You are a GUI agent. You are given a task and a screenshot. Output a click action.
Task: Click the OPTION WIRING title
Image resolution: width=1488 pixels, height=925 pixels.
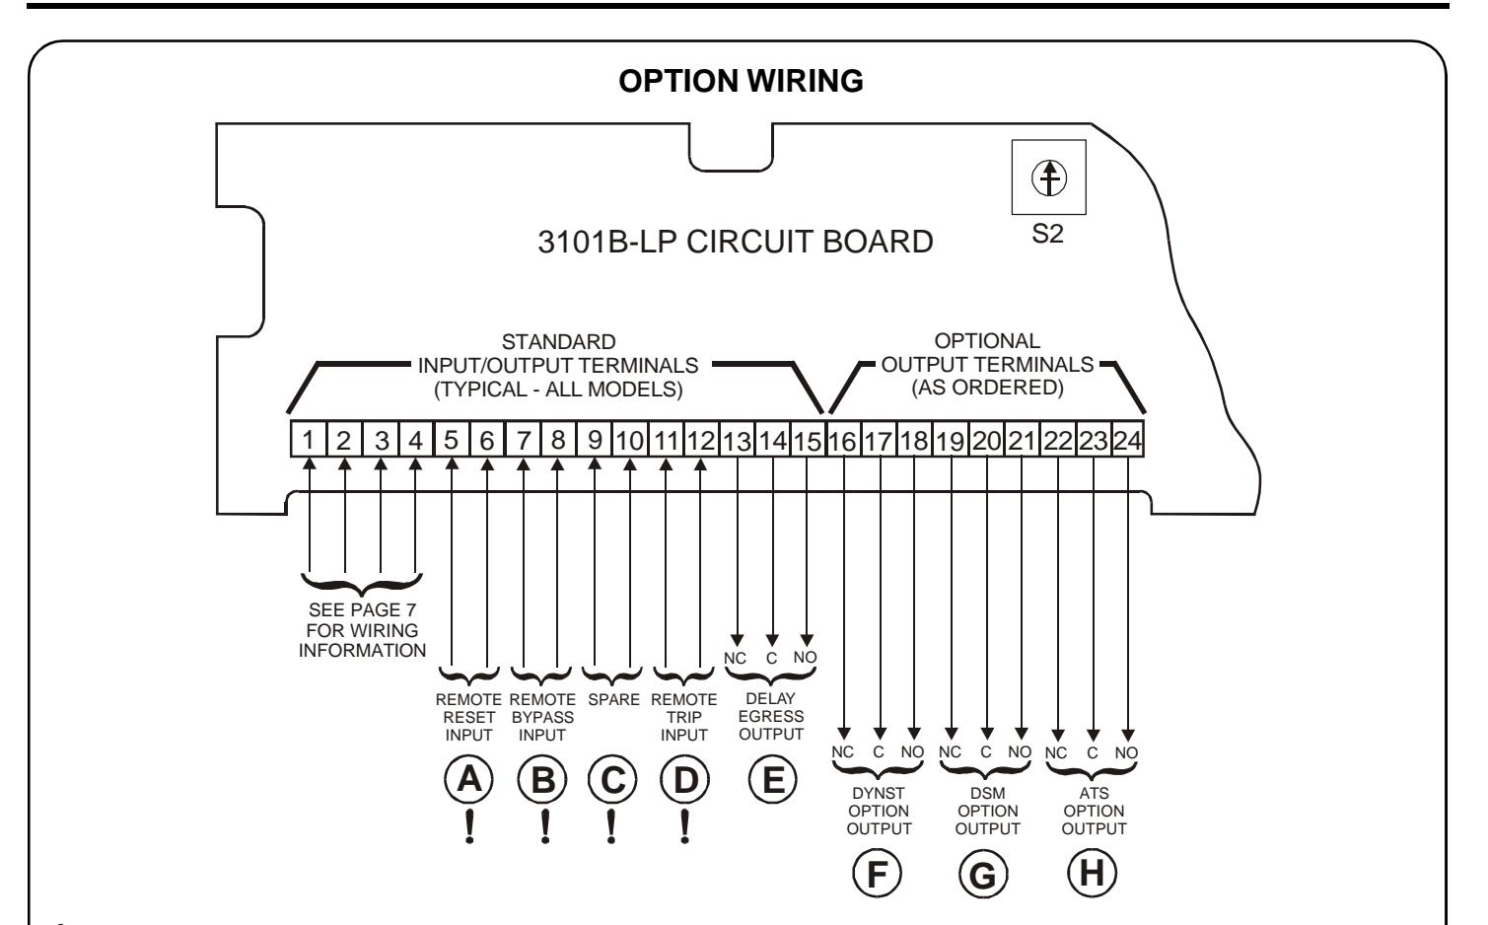(x=741, y=81)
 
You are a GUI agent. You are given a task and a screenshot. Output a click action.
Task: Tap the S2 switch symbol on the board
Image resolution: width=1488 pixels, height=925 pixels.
(x=1049, y=178)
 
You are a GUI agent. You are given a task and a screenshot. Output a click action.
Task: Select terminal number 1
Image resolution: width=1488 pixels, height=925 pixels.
(x=309, y=439)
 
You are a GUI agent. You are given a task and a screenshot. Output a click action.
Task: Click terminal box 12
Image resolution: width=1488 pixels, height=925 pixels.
(x=701, y=439)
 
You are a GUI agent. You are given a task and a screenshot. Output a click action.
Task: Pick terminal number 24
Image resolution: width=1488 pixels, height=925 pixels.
(x=1127, y=439)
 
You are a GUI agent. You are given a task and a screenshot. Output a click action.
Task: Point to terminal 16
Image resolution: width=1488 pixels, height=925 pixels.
(x=843, y=439)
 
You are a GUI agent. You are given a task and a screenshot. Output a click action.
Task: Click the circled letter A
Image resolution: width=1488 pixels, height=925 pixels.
(x=469, y=779)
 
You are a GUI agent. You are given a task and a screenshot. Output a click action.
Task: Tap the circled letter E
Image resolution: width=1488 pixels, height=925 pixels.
(x=772, y=779)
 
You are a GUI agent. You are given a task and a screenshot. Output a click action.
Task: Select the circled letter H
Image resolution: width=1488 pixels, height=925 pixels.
(x=1092, y=873)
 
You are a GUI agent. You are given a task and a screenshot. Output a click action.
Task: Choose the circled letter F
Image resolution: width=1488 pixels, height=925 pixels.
(x=877, y=873)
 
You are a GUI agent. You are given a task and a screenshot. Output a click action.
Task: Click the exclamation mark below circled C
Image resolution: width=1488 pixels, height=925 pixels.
(x=611, y=827)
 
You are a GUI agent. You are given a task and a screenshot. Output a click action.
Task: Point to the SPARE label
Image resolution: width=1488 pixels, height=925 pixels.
(x=613, y=700)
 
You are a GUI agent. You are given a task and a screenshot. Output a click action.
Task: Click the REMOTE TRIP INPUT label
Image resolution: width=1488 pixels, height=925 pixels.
(x=684, y=717)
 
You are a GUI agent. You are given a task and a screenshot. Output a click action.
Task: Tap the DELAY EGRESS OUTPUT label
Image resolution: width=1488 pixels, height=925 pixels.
(x=771, y=716)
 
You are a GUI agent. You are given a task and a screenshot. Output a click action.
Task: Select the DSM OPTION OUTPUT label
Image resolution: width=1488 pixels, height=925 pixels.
(x=988, y=811)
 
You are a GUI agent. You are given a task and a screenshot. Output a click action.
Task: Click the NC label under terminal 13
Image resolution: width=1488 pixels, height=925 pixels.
(x=736, y=659)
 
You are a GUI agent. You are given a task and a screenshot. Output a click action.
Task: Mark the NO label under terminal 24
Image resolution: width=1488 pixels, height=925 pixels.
(x=1127, y=752)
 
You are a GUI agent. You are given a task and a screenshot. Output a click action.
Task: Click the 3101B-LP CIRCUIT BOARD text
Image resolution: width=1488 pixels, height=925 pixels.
(x=736, y=242)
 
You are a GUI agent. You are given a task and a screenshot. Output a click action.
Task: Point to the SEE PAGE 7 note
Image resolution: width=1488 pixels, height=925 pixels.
(x=362, y=630)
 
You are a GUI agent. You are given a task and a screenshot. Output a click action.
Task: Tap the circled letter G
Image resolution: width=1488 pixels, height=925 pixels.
(x=983, y=874)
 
